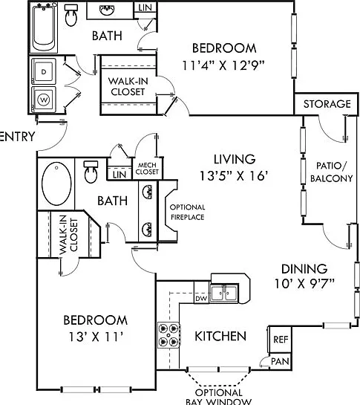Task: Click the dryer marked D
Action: click(43, 71)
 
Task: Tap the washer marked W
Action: click(43, 100)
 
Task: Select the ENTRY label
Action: click(17, 137)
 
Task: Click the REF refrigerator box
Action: click(281, 340)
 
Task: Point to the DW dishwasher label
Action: click(201, 299)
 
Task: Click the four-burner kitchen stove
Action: click(168, 335)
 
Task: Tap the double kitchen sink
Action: click(224, 293)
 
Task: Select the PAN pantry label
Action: click(281, 361)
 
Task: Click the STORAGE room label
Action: click(327, 104)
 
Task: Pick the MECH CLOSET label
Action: click(147, 169)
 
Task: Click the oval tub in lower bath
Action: click(56, 184)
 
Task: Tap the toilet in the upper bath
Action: click(71, 16)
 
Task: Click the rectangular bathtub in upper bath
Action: click(44, 27)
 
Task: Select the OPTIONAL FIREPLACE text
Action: click(187, 212)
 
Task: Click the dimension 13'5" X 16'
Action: click(233, 176)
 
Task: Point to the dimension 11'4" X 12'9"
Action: click(223, 65)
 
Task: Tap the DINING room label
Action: click(304, 269)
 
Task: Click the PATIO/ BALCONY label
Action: click(331, 172)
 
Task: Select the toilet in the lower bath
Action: click(91, 172)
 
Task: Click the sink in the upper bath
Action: click(107, 10)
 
